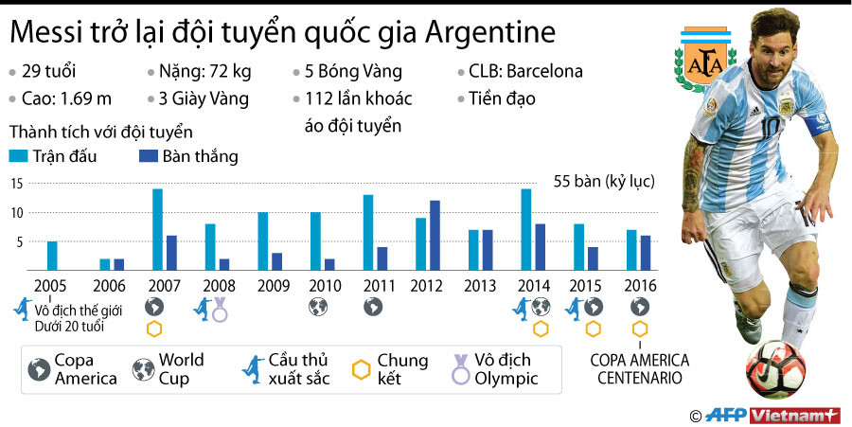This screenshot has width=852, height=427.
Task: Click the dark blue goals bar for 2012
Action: pos(435,236)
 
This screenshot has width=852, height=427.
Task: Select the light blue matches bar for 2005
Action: pos(52,256)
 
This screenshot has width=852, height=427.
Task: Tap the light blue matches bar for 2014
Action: pos(526,230)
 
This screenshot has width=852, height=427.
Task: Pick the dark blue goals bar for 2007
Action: pos(171,253)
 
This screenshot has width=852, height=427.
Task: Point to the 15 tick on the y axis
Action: pos(16,184)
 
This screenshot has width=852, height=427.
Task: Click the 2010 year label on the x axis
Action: pos(323,284)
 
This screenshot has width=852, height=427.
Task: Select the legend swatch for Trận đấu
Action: pos(19,156)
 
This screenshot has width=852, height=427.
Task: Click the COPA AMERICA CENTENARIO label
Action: pos(640,369)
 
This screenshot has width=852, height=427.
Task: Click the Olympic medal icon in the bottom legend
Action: pos(459,367)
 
